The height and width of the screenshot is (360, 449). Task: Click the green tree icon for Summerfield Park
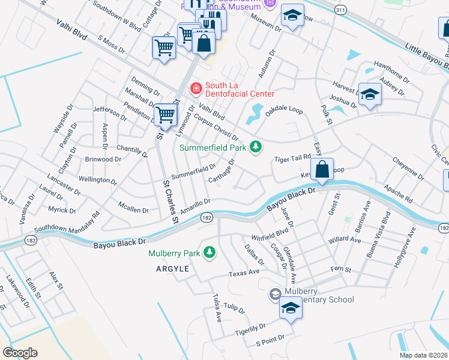point(256,147)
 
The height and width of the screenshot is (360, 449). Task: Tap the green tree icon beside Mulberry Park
point(209,253)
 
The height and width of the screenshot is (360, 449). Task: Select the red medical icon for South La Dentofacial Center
point(196,89)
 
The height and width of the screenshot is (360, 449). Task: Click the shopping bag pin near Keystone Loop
point(322,170)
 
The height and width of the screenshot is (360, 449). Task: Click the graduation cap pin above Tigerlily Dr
point(291,308)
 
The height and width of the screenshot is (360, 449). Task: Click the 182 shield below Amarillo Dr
point(206,218)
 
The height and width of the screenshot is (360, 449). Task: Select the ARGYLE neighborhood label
point(173,269)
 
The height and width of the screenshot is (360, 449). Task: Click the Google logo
point(19,352)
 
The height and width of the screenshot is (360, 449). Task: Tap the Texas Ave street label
point(244,273)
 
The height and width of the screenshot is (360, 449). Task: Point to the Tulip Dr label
point(234,309)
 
